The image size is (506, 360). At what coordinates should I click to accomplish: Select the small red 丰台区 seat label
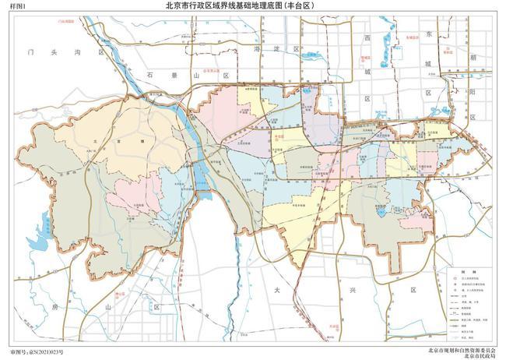pos(278,133)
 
